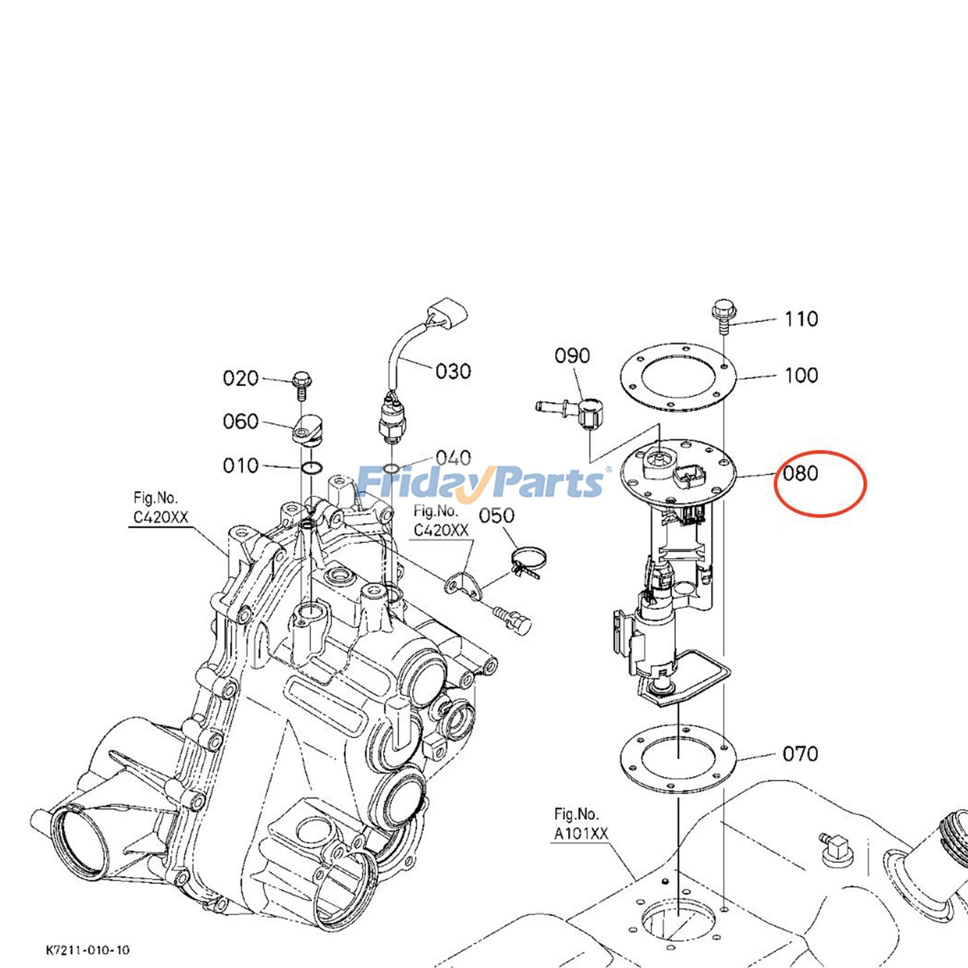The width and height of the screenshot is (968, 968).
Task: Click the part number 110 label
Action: [801, 319]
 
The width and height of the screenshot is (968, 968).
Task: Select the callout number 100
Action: [801, 375]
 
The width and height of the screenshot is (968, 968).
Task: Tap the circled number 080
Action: [800, 473]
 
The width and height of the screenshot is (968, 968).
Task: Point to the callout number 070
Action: [800, 754]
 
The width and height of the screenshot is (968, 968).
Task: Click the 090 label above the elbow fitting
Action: [572, 356]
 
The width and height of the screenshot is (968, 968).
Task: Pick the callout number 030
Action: [453, 371]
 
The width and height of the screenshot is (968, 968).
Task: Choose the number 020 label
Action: [241, 379]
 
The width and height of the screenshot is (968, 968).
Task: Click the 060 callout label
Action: [241, 422]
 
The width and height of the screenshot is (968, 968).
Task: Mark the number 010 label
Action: [241, 466]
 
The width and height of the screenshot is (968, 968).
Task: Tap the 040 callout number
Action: [453, 458]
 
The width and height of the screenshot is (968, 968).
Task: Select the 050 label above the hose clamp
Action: [497, 516]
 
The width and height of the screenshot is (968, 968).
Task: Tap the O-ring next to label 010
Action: [312, 468]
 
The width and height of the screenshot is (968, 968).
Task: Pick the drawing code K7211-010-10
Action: [87, 950]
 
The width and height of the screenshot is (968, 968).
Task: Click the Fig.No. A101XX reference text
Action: [580, 824]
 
